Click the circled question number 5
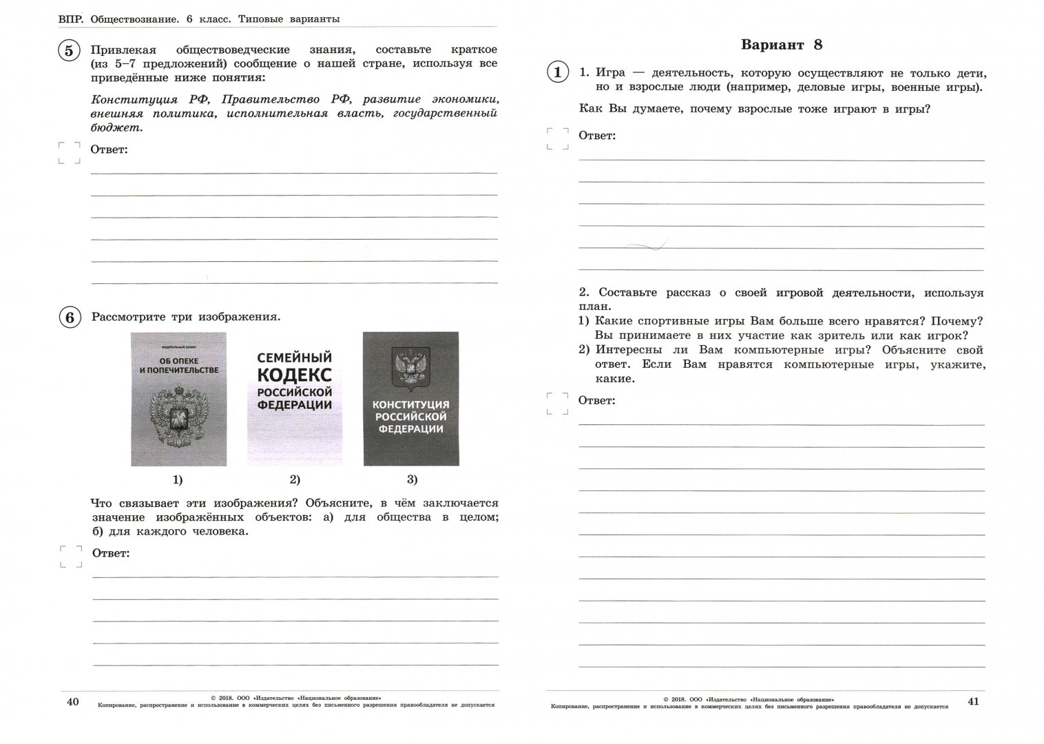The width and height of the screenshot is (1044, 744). pyautogui.click(x=69, y=52)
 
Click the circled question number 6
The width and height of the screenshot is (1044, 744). pyautogui.click(x=69, y=318)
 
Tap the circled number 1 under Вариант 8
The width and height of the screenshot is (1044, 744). pyautogui.click(x=557, y=72)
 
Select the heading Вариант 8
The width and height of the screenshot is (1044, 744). pyautogui.click(x=782, y=45)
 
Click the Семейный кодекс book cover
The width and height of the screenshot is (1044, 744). pyautogui.click(x=295, y=399)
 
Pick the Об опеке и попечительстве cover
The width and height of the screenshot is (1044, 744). pyautogui.click(x=178, y=399)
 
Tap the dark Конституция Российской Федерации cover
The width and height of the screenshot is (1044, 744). pyautogui.click(x=410, y=399)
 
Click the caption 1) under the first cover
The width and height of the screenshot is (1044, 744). pyautogui.click(x=178, y=479)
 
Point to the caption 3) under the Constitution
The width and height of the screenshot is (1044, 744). pyautogui.click(x=412, y=479)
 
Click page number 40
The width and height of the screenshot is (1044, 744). pyautogui.click(x=72, y=701)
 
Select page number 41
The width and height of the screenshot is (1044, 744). pyautogui.click(x=973, y=701)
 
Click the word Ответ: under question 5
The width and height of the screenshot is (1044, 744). pyautogui.click(x=109, y=149)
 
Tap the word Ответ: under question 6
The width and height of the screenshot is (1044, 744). pyautogui.click(x=111, y=552)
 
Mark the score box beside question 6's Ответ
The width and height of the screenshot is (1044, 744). pyautogui.click(x=70, y=557)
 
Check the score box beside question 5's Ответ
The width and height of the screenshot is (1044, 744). pyautogui.click(x=69, y=153)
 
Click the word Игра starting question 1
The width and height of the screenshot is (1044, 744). pyautogui.click(x=610, y=73)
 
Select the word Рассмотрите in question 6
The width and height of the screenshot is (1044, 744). pyautogui.click(x=125, y=318)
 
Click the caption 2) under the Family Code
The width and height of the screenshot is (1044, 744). pyautogui.click(x=295, y=479)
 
